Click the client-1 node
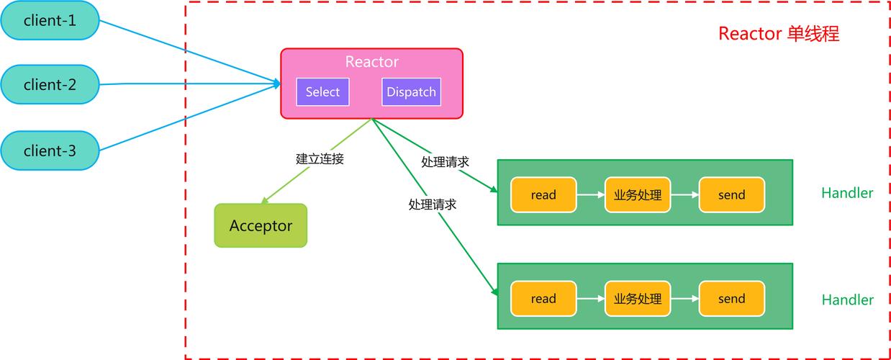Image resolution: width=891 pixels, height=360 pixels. click(x=49, y=21)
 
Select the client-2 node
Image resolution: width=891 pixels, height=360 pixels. click(x=49, y=85)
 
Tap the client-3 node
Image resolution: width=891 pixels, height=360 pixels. click(x=49, y=151)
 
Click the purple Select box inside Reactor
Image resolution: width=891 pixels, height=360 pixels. click(x=322, y=92)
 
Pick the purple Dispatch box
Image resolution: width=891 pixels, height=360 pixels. click(x=411, y=92)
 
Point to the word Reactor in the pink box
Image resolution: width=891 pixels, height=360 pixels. click(x=371, y=62)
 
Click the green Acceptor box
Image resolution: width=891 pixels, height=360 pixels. click(x=261, y=226)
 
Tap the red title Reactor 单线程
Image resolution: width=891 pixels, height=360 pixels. click(x=779, y=34)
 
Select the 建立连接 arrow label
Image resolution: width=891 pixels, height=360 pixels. click(x=320, y=159)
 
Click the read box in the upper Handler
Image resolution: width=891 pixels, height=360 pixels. click(x=543, y=195)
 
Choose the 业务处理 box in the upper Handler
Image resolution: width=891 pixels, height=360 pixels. click(x=638, y=195)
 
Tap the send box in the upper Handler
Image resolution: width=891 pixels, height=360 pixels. click(x=731, y=195)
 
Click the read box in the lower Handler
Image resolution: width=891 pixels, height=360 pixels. click(x=543, y=299)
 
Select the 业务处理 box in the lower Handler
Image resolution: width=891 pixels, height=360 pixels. click(x=638, y=299)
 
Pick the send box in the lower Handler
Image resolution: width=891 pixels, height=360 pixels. click(x=731, y=299)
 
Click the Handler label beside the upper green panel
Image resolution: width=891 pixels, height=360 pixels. click(x=847, y=193)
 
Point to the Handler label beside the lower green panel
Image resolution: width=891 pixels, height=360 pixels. click(x=847, y=300)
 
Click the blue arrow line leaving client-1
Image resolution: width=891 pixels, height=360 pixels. click(x=187, y=51)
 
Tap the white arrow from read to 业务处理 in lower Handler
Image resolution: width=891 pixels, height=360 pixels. click(x=590, y=299)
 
